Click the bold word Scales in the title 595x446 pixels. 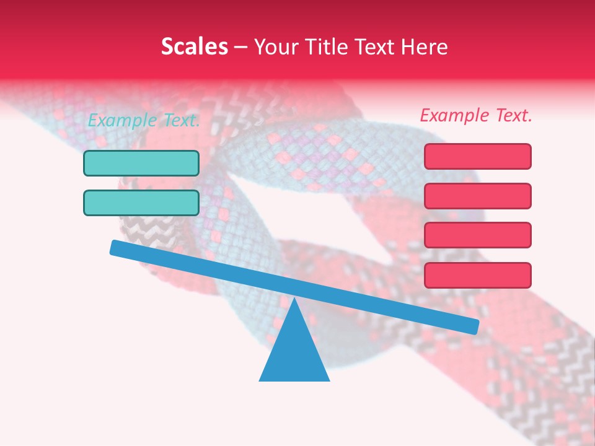(194, 46)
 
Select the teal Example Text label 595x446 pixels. (144, 120)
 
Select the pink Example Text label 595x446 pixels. (476, 115)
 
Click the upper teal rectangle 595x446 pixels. (141, 164)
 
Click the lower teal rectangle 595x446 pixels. (141, 203)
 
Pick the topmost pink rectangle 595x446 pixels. (477, 157)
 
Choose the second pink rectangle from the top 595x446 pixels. (477, 196)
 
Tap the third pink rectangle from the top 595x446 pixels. (477, 235)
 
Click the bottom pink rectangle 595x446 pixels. (477, 275)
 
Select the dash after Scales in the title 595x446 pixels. (242, 47)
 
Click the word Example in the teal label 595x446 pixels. (122, 120)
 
